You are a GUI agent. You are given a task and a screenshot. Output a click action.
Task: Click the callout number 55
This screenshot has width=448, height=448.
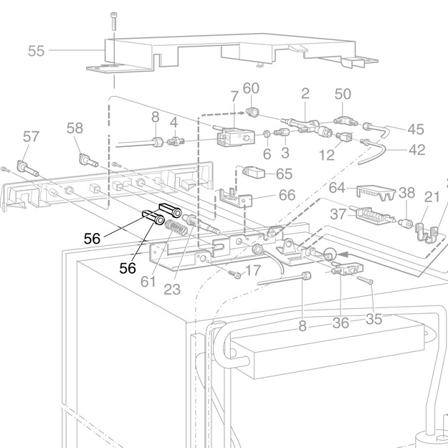[x=36, y=50]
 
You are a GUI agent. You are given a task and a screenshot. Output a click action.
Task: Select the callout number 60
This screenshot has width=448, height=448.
[x=251, y=89]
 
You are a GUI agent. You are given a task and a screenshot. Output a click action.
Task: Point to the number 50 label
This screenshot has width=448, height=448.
[x=343, y=94]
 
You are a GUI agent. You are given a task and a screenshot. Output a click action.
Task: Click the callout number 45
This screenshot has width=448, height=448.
[x=416, y=129]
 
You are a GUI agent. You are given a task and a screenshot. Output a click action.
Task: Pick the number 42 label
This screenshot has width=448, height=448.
[x=416, y=150]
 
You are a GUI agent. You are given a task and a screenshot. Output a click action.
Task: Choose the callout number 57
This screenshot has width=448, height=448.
[x=31, y=135]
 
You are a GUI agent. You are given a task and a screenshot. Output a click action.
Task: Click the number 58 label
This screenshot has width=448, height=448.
[x=75, y=128]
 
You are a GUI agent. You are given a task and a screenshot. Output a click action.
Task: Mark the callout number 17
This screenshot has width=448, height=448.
[x=252, y=271]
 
